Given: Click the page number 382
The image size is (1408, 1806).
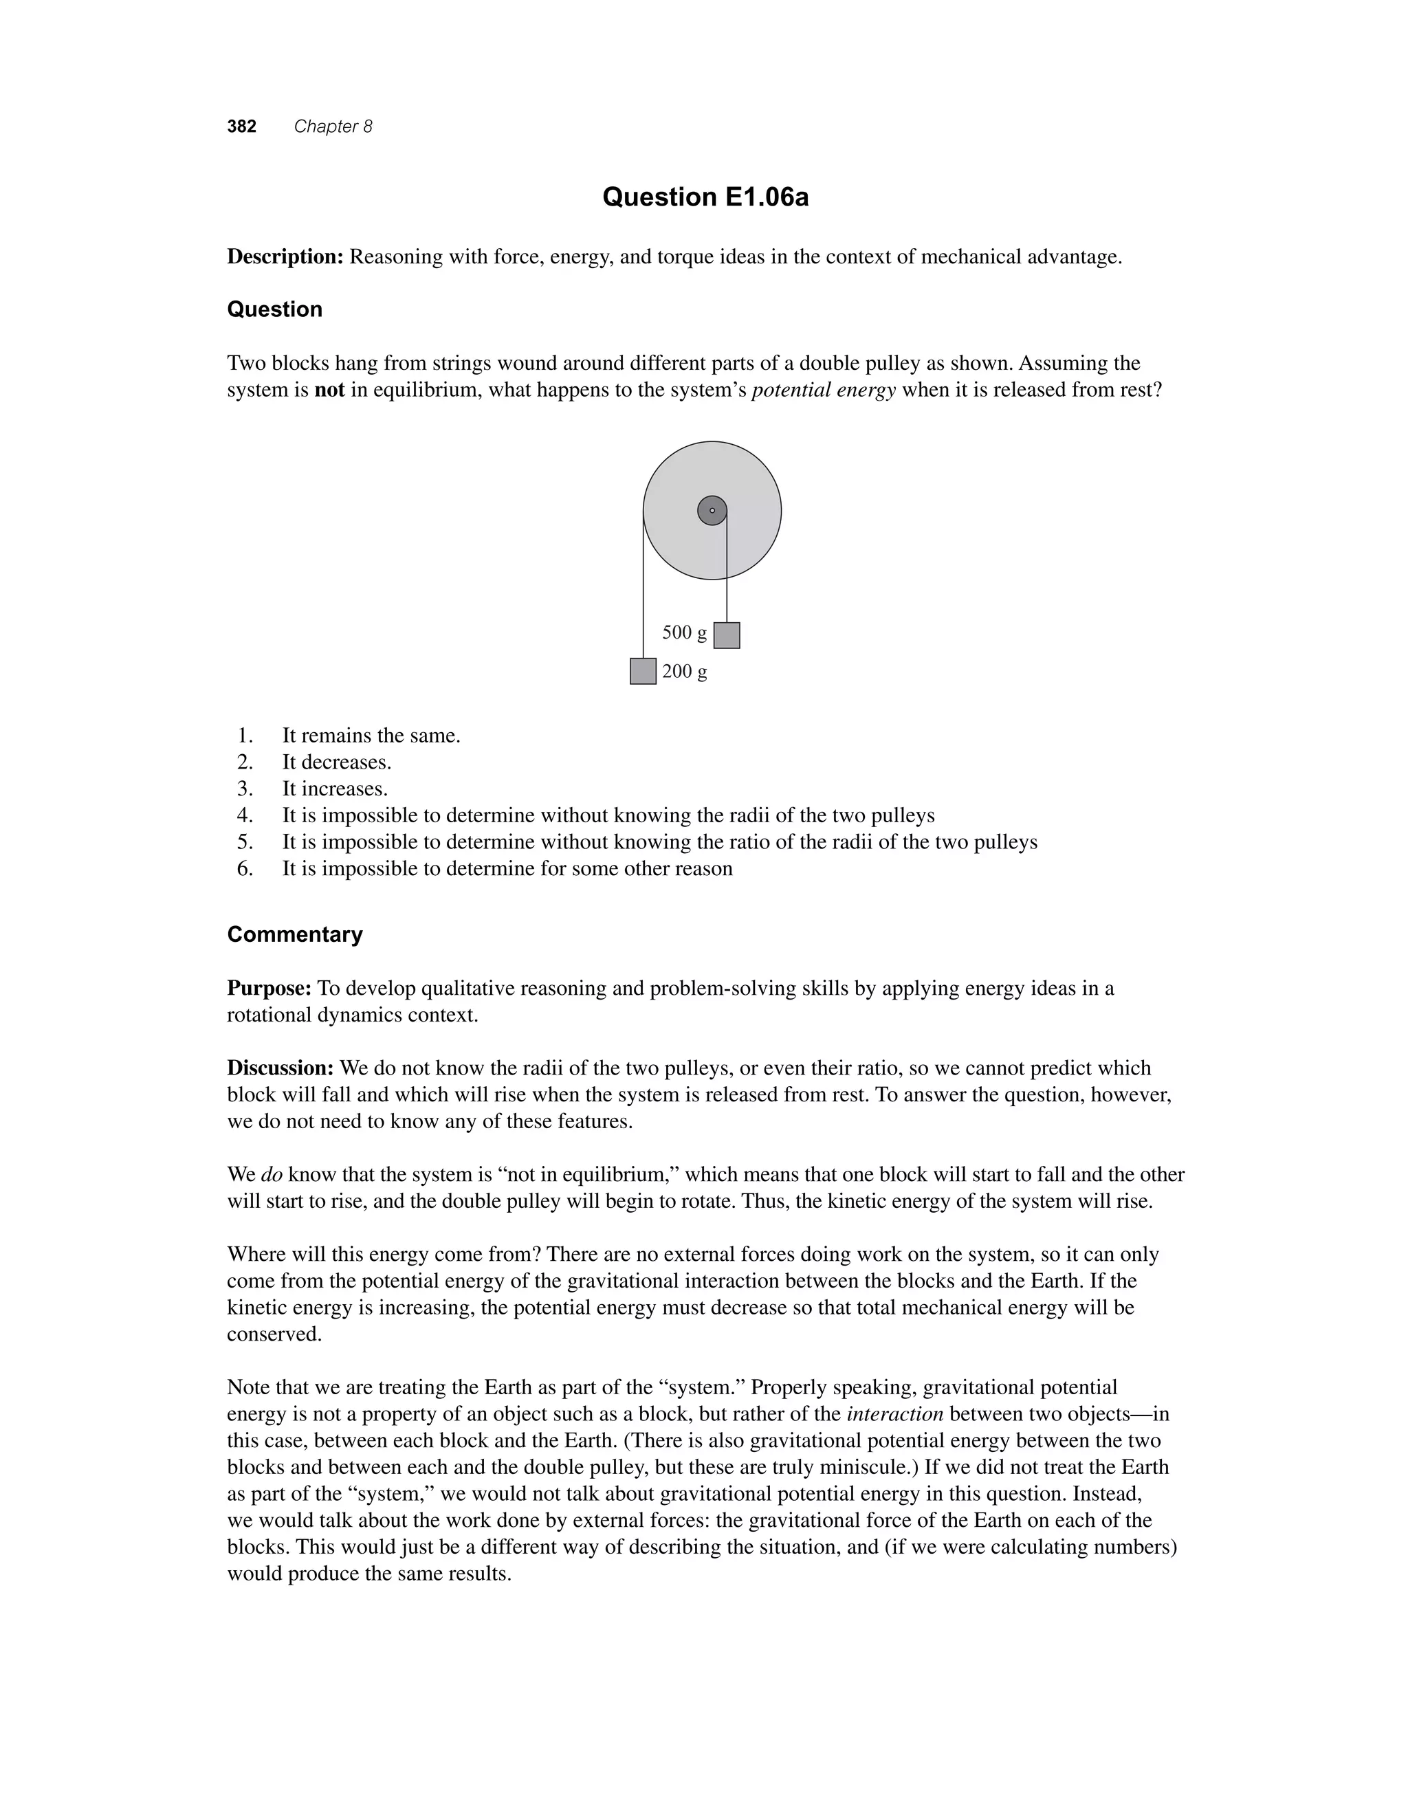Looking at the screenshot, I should click(x=241, y=126).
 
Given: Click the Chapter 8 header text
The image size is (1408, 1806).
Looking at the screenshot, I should click(x=333, y=126).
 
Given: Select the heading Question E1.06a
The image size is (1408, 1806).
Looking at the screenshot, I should click(x=705, y=197).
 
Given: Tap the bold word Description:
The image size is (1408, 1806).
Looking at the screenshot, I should click(x=285, y=257).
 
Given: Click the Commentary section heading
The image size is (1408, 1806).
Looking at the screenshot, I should click(x=294, y=934).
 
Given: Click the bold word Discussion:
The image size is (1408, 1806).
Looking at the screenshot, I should click(x=280, y=1068).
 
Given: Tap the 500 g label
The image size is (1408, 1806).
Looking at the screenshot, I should click(x=684, y=632).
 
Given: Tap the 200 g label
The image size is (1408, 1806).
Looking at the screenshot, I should click(x=684, y=672).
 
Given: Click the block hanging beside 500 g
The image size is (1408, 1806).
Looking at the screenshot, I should click(x=726, y=635).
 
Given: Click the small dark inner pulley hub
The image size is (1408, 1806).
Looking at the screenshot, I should click(x=712, y=510).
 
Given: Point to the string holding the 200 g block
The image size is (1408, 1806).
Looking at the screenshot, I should click(x=643, y=595).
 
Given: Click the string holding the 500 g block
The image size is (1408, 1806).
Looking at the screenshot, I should click(x=727, y=579).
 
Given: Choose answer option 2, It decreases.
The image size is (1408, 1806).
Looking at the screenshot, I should click(x=336, y=762).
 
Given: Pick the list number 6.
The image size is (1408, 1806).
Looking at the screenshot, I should click(x=245, y=868).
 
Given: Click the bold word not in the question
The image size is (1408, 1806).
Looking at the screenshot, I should click(x=329, y=390).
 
